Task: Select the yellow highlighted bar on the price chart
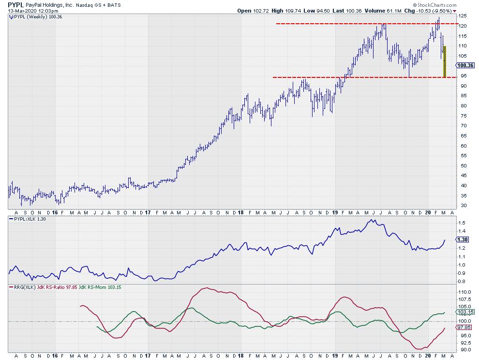444,61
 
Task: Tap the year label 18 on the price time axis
240,212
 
